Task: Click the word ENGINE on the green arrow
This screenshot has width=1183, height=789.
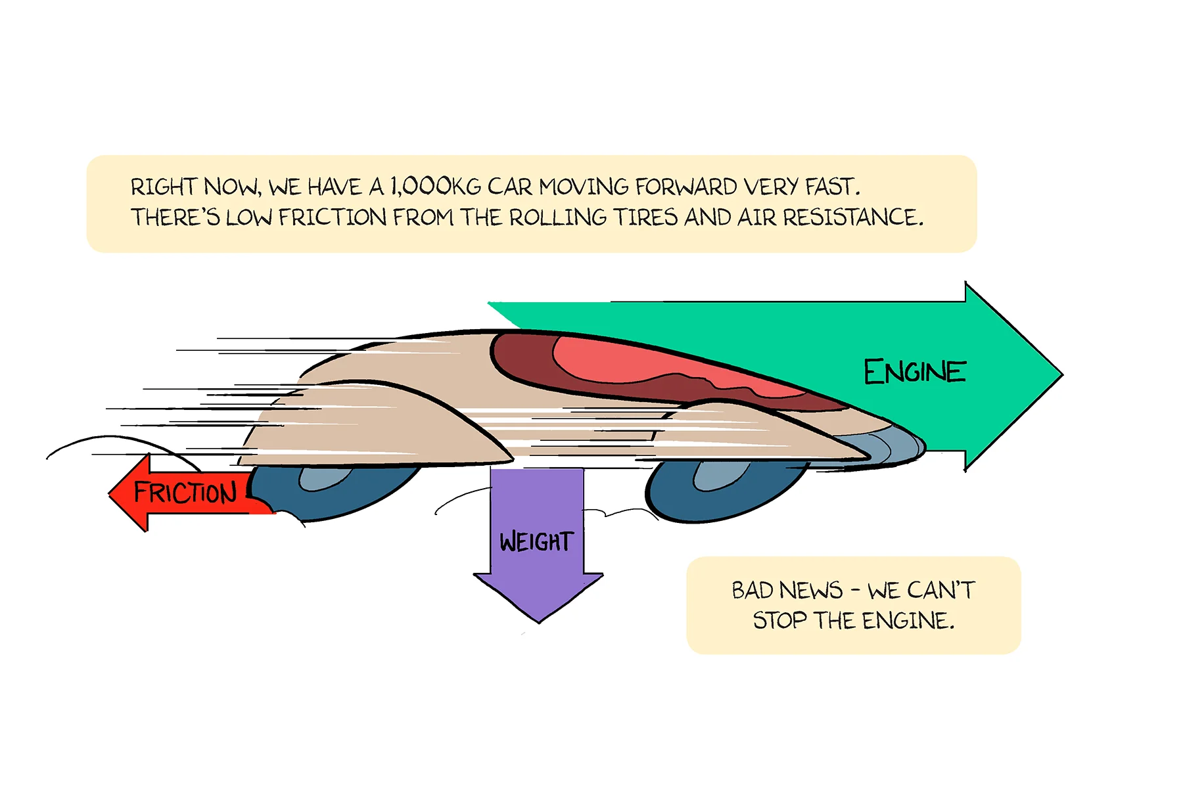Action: [x=914, y=372]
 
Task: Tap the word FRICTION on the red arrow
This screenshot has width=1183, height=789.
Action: [x=185, y=492]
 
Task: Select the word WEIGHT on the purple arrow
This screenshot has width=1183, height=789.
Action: [x=536, y=542]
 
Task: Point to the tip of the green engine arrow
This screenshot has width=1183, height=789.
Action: [x=1061, y=374]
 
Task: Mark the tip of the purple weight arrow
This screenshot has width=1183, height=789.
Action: [x=539, y=621]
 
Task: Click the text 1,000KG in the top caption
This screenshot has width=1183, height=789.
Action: [x=436, y=187]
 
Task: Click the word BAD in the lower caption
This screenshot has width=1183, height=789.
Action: [x=753, y=590]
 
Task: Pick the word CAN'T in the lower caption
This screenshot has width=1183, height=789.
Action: [x=940, y=590]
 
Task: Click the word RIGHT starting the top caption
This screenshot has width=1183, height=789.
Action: [x=164, y=187]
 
